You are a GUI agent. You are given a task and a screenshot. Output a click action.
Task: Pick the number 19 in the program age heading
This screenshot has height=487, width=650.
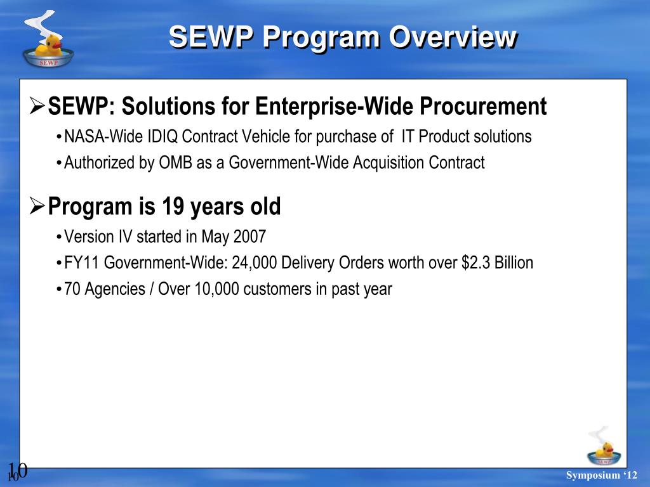pyautogui.click(x=173, y=206)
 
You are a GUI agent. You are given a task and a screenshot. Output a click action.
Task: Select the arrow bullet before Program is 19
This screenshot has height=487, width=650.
pyautogui.click(x=37, y=206)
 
